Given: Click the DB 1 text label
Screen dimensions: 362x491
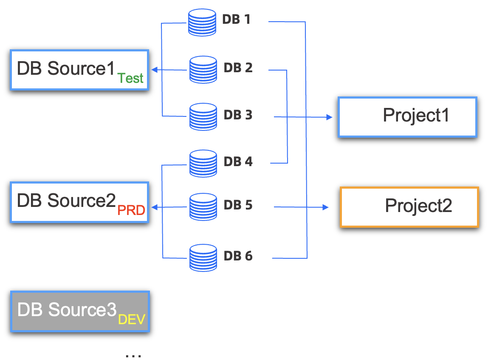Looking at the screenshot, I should pos(236,20).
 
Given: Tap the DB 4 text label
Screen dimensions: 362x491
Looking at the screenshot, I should pos(238,161).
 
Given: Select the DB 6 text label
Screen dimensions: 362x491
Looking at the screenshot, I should pos(238,256).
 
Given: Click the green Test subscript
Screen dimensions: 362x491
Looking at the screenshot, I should pos(131,78).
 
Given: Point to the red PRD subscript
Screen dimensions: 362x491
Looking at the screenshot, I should pos(131,210).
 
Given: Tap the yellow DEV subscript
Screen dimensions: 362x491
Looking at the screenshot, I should pos(132,320).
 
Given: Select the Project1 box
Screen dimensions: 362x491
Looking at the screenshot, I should pos(408,117).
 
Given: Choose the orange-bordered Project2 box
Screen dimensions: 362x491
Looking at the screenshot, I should pos(409,207).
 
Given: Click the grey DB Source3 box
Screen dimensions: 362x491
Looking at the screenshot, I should pos(80,311).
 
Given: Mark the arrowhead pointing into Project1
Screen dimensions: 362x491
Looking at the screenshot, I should pos(329,117).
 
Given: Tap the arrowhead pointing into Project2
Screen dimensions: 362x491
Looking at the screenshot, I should pos(326,207).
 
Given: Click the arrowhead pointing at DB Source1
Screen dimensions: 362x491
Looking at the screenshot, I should pos(155,70).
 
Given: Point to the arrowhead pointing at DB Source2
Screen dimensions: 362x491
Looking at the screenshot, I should pos(155,207).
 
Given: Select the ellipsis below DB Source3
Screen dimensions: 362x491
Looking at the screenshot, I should pos(133,354).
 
